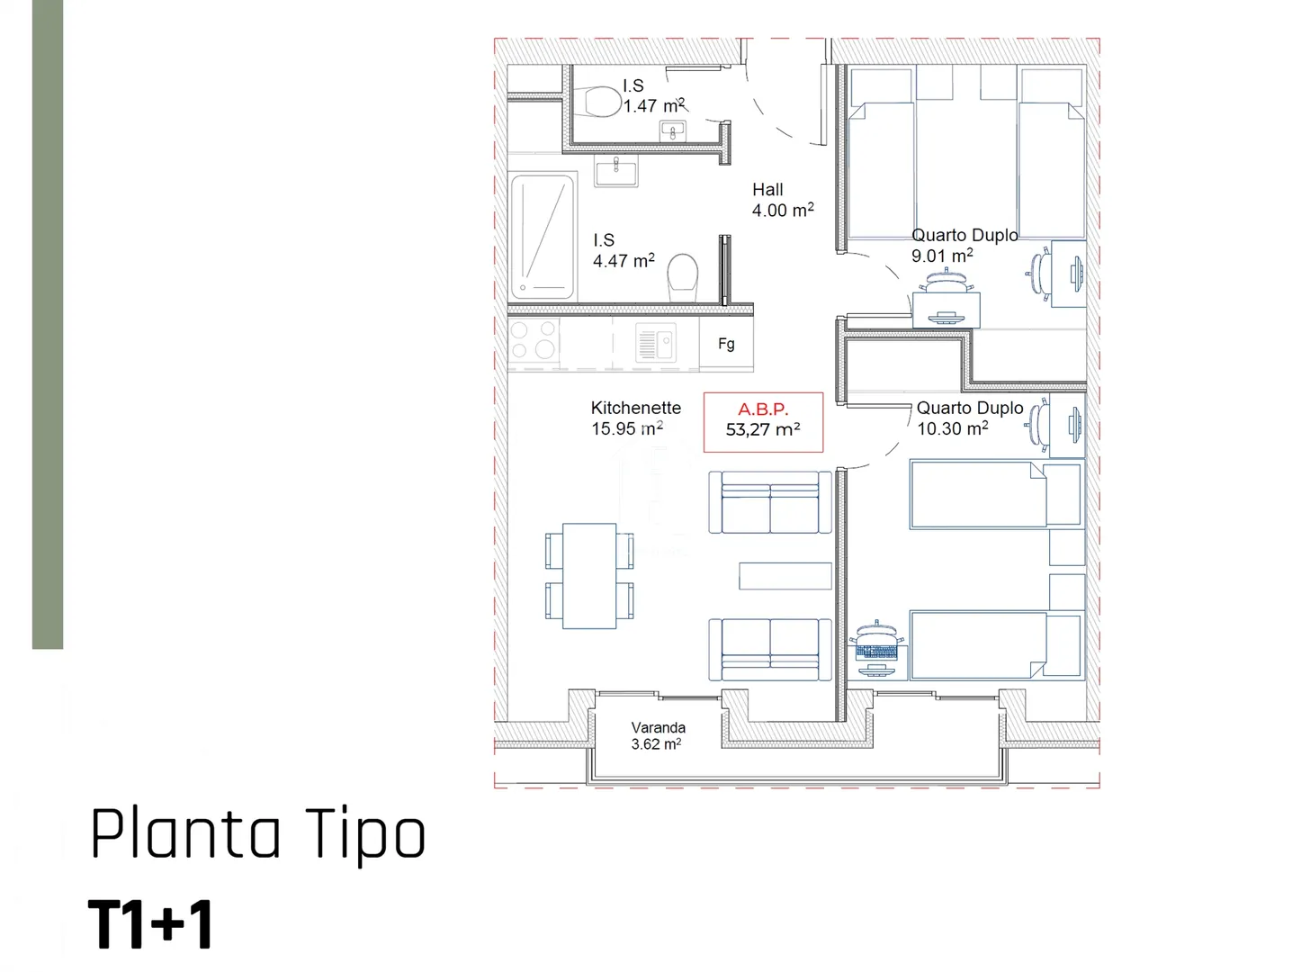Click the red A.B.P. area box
pos(763,422)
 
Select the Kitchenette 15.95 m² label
pos(635,418)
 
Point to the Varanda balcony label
pos(658,735)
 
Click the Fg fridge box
pos(726,344)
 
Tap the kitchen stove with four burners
pos(534,339)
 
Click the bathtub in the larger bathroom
pos(543,237)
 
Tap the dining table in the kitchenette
pos(589,575)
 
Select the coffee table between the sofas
pos(785,575)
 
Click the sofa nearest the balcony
pos(770,650)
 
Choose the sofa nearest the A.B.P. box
pos(770,502)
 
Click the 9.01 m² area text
pos(942,256)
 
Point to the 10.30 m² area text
pos(953,428)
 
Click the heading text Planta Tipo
pos(258,834)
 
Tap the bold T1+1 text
pos(150,924)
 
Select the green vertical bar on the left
pos(48,324)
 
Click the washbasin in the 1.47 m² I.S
pos(673,130)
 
